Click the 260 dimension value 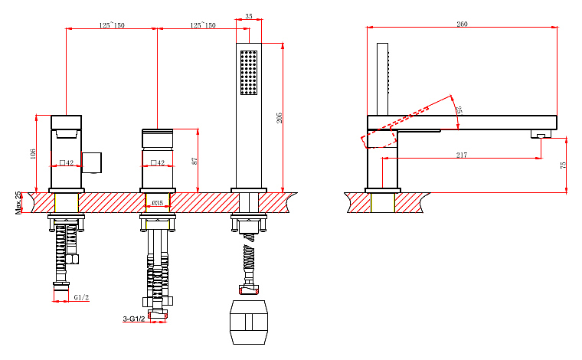click(x=462, y=24)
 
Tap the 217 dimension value click(x=461, y=155)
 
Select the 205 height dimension click(x=279, y=118)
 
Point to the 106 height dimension click(x=33, y=154)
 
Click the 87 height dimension click(x=195, y=161)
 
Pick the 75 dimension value click(x=563, y=165)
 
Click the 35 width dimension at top click(x=249, y=16)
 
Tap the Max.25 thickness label click(x=18, y=203)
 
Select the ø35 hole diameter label click(x=158, y=203)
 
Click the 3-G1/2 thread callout click(x=134, y=319)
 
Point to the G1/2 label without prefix click(x=81, y=297)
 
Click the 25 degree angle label click(x=459, y=110)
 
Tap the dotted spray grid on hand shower click(x=249, y=73)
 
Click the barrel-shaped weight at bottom click(x=249, y=322)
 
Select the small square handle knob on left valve click(x=91, y=162)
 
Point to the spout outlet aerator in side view click(x=541, y=134)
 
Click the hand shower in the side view click(x=383, y=80)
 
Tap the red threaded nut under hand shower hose click(x=249, y=290)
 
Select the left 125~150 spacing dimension click(x=112, y=25)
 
